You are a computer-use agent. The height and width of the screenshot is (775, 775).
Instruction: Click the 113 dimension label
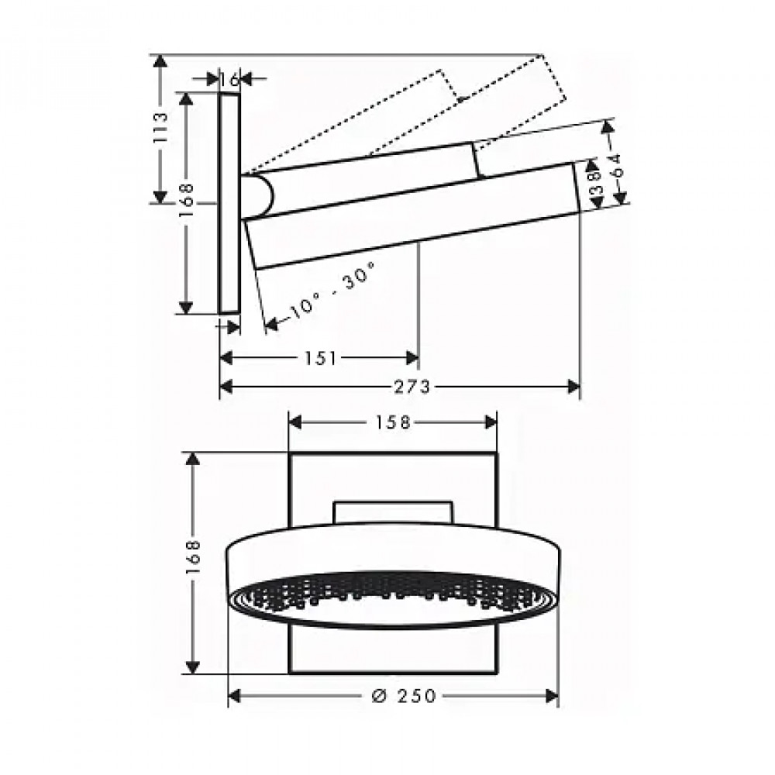[x=160, y=129]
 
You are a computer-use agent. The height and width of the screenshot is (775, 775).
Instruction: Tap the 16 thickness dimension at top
[x=229, y=78]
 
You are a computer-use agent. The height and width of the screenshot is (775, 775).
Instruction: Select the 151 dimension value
[x=321, y=358]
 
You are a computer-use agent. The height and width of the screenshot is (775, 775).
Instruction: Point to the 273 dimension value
[x=412, y=387]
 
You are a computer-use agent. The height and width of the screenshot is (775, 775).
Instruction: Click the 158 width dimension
[x=392, y=422]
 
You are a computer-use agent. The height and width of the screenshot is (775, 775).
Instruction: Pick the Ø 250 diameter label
[x=404, y=696]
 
